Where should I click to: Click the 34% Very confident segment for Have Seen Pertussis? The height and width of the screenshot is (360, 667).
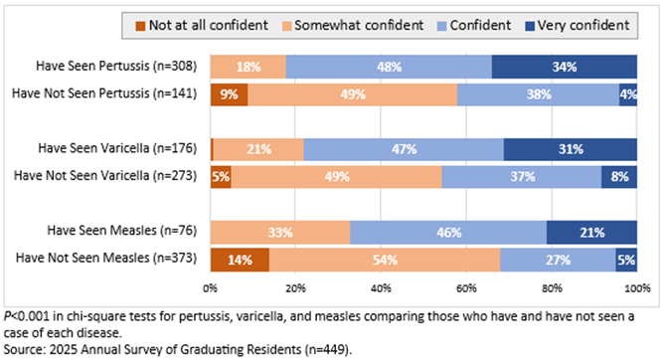[564, 67]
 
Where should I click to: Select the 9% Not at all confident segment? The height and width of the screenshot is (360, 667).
[230, 94]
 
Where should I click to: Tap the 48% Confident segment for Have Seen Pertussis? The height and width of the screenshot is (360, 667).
[389, 67]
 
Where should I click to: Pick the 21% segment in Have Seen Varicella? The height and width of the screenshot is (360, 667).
[258, 149]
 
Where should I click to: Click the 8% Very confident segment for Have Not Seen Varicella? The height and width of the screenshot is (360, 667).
[619, 177]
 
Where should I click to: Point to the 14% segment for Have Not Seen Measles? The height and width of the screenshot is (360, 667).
[240, 260]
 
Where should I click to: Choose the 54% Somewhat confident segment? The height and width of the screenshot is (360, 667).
[385, 260]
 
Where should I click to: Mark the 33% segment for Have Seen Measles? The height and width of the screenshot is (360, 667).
[280, 233]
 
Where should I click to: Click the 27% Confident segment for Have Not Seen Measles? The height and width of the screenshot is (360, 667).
[558, 260]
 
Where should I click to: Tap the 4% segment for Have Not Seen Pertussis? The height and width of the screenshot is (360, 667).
[628, 94]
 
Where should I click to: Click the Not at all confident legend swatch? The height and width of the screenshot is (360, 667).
[140, 26]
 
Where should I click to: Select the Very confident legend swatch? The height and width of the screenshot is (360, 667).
[530, 26]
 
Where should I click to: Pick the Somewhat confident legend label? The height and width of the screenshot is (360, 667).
[359, 25]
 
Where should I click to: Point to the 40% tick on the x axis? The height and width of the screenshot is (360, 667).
[381, 288]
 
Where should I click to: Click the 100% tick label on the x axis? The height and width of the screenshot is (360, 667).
[637, 288]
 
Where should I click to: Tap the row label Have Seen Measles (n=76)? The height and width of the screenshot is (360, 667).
[122, 230]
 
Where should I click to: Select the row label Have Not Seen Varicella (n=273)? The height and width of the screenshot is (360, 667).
[105, 175]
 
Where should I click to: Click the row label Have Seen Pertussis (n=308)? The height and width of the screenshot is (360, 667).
[116, 66]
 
